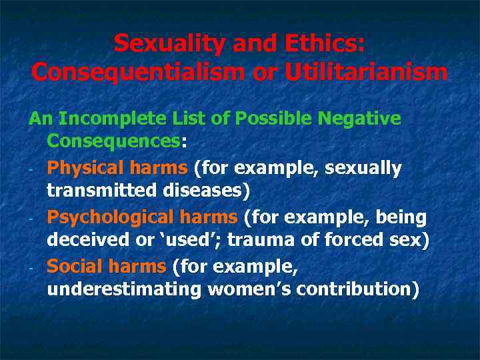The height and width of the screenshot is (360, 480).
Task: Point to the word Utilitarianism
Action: click(366, 71)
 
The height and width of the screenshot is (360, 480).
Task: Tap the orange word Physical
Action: click(82, 168)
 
